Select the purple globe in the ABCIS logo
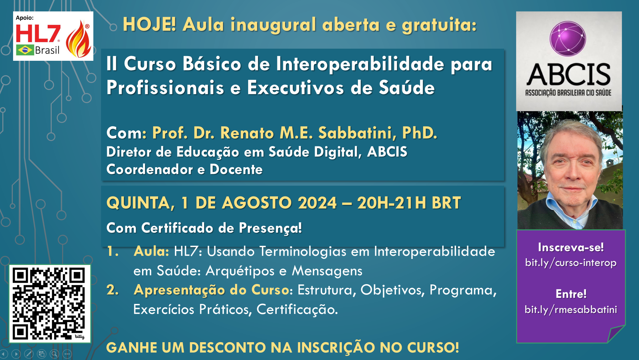[568, 39]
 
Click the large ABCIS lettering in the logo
[568, 74]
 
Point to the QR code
[50, 304]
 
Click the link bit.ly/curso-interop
[571, 262]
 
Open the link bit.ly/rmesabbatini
[571, 309]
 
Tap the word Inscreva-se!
[571, 247]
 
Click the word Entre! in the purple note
[571, 294]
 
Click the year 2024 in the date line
[317, 203]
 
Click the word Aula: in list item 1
[151, 251]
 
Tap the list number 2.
[112, 290]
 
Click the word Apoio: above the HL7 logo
[25, 18]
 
